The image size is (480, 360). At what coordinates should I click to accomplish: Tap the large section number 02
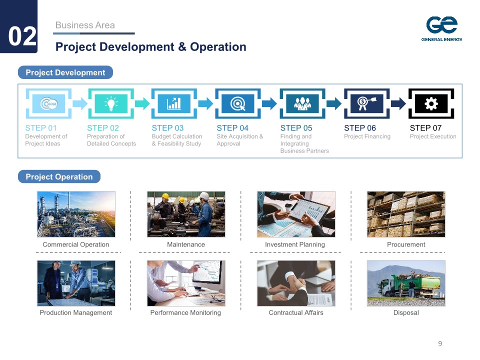point(22,36)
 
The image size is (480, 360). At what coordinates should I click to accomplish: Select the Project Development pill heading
point(65,72)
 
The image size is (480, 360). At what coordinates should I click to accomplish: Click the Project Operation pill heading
point(59,176)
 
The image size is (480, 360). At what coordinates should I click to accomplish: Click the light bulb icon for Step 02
point(111,103)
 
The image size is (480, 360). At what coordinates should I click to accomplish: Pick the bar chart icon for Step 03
point(174,103)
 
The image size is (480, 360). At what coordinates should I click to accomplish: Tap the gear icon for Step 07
point(431,104)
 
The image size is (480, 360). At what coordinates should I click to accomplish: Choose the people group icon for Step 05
point(302,104)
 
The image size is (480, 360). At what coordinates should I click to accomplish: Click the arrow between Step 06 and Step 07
point(398,103)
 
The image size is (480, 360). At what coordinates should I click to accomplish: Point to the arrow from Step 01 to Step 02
point(80,103)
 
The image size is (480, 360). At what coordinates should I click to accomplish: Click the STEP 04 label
point(232,128)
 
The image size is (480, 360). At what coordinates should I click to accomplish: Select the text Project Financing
point(367,136)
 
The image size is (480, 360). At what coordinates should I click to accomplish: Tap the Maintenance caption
point(186,244)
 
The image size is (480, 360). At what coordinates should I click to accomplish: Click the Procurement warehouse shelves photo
point(406,214)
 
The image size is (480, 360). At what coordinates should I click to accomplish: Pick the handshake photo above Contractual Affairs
point(296,283)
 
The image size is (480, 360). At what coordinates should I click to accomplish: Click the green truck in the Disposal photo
point(409,285)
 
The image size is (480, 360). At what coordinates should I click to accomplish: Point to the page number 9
point(440,343)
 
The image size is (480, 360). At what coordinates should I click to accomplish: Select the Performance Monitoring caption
point(185,312)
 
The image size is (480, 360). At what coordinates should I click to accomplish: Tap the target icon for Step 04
point(238,104)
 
